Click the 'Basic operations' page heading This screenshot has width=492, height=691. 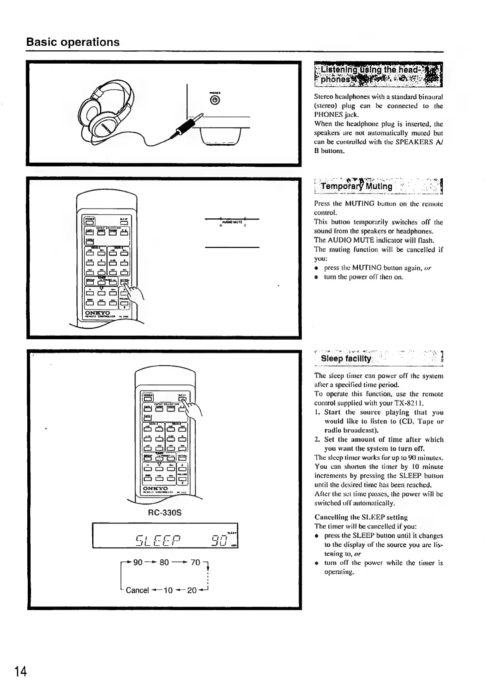(73, 42)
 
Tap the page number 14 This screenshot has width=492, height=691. (21, 672)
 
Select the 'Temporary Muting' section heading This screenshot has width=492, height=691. (356, 186)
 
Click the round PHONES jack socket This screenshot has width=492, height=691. (215, 99)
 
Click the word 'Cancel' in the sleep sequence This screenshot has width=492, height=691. (137, 590)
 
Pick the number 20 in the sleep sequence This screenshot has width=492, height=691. (192, 590)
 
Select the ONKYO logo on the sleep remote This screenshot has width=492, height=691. (155, 488)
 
